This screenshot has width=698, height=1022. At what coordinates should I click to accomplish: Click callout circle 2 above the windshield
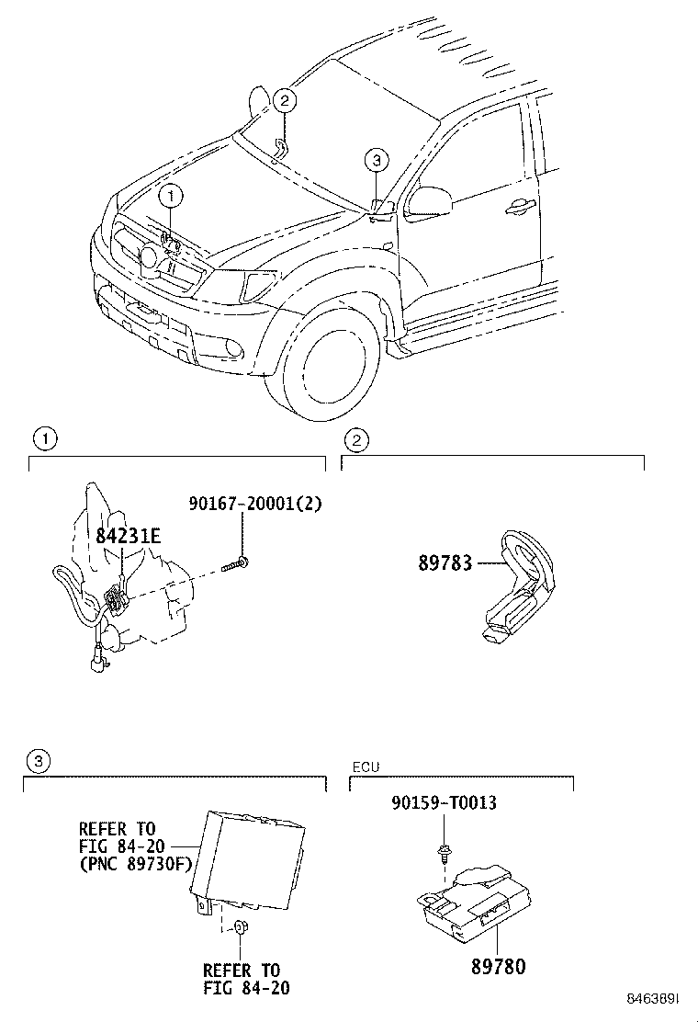point(285,101)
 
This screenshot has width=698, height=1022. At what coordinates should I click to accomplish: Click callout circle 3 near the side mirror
point(375,160)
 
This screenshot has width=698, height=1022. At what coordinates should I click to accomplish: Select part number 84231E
point(128,536)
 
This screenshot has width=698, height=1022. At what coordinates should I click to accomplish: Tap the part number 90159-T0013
point(444,803)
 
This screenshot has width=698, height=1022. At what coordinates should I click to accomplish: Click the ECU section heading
point(366,766)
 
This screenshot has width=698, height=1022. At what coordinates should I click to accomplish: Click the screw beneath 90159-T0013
point(443,851)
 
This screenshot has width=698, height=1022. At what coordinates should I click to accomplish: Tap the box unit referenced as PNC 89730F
point(248,850)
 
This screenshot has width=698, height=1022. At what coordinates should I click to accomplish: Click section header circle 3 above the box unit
point(35,760)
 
